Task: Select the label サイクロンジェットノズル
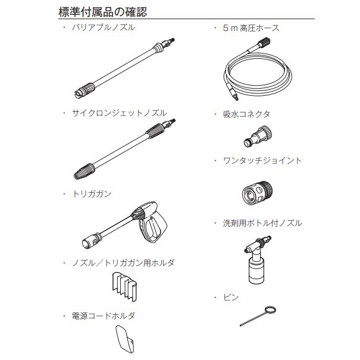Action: [119, 113]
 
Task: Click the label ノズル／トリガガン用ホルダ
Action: [123, 262]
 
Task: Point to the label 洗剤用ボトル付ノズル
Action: [262, 223]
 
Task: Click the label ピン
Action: [231, 297]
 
